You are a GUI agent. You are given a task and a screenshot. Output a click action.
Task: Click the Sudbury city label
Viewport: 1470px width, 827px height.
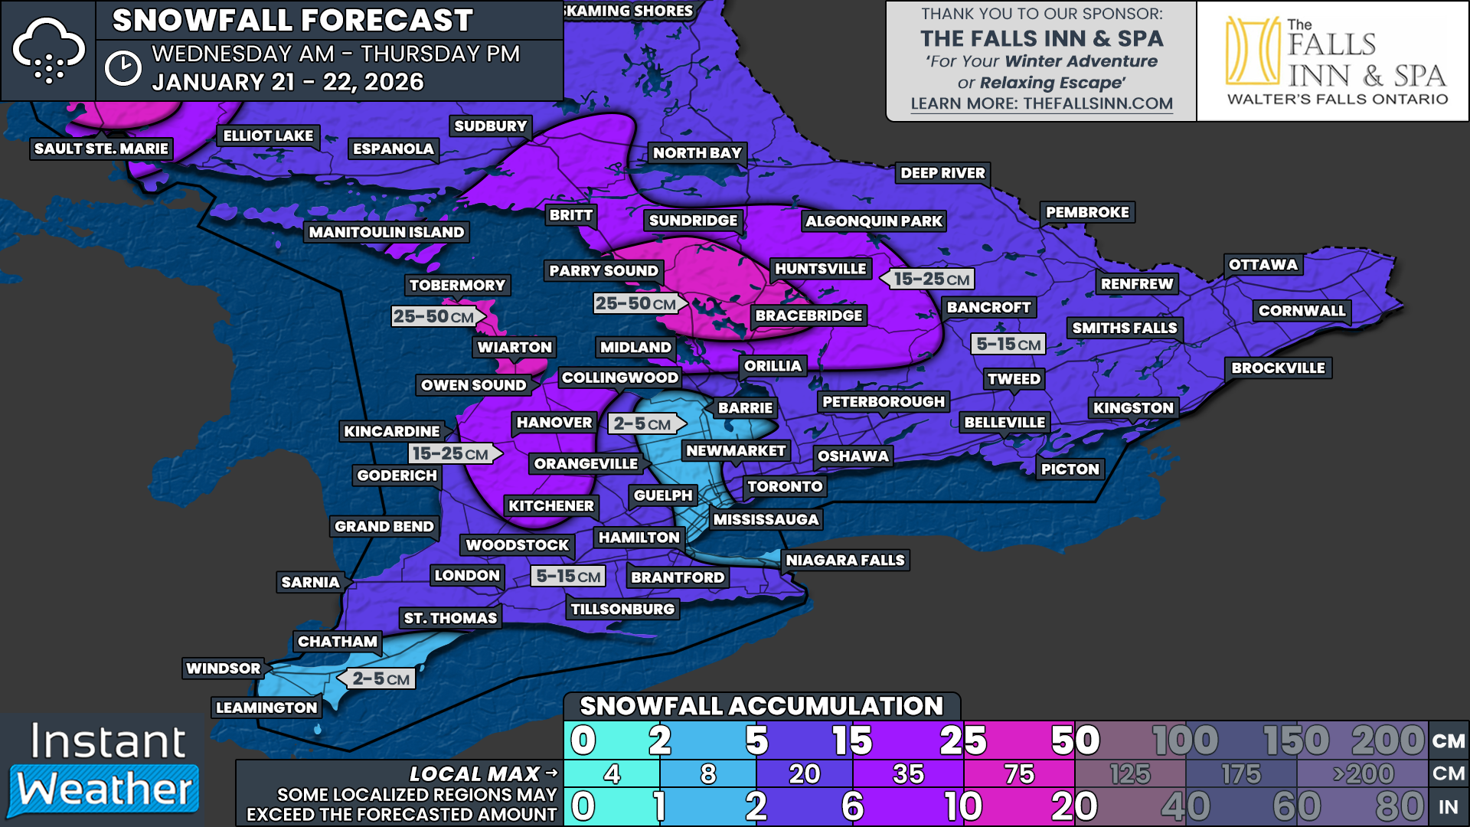click(490, 126)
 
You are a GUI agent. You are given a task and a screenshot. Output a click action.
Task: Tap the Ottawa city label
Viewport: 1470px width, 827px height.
click(1263, 265)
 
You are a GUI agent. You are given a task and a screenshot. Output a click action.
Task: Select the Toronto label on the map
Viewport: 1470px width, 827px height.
click(785, 486)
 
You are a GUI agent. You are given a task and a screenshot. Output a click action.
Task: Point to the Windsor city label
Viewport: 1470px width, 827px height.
click(224, 668)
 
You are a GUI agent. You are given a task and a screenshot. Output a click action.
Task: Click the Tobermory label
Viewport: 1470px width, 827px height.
click(457, 286)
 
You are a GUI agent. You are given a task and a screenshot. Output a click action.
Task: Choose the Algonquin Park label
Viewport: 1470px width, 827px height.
click(874, 221)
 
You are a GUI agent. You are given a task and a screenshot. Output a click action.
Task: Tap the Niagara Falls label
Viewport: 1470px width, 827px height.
click(845, 561)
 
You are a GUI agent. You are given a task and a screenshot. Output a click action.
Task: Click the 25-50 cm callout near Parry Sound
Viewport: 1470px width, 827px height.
click(636, 304)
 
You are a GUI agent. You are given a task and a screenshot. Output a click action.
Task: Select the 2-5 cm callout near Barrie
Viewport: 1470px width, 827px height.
click(642, 423)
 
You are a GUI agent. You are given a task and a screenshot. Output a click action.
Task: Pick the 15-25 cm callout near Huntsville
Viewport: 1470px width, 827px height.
click(931, 279)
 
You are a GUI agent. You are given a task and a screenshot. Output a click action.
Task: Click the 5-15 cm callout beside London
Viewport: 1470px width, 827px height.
click(568, 576)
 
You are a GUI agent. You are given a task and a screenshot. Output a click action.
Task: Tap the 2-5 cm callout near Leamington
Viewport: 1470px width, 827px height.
click(381, 678)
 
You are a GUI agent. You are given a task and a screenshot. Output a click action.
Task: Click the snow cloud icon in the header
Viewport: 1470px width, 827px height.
click(48, 51)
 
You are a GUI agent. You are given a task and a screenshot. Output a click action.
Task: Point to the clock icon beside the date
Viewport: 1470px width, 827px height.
click(122, 68)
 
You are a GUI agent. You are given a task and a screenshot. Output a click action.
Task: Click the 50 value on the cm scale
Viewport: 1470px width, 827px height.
click(1075, 740)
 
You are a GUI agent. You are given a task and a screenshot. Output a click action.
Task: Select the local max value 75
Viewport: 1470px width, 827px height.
click(1019, 774)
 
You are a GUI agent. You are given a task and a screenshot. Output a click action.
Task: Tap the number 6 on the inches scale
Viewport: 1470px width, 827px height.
click(852, 806)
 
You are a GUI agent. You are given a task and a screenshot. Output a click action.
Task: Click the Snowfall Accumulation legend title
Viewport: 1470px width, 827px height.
click(761, 706)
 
